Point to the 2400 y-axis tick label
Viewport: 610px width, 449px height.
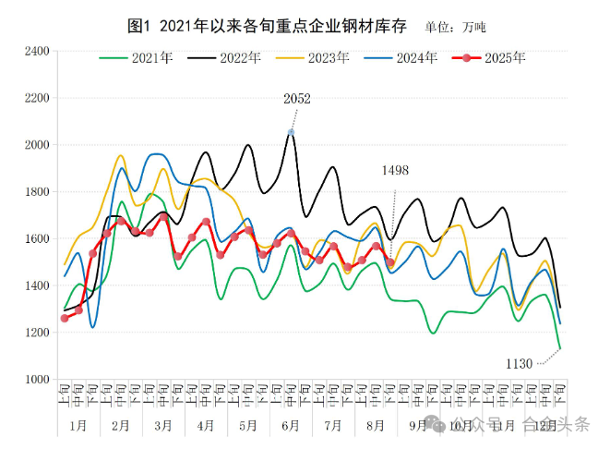coord(35,51)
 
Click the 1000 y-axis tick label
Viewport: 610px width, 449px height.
coord(35,380)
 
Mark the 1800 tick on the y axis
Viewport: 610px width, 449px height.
coord(35,192)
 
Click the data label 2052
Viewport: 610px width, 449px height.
coord(297,99)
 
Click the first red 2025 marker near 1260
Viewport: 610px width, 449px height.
coord(65,318)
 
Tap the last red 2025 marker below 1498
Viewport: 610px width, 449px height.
coord(391,262)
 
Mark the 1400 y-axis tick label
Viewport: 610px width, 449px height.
coord(35,285)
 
